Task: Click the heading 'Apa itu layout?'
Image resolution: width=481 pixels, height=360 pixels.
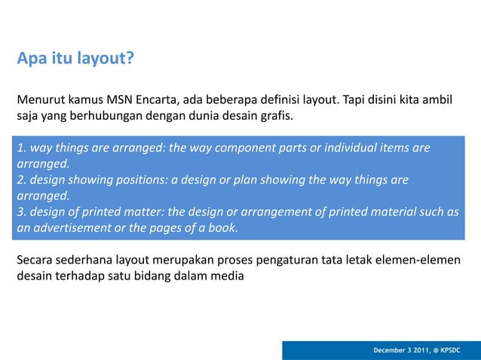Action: click(x=75, y=58)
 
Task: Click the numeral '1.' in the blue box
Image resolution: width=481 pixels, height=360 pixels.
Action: click(x=22, y=148)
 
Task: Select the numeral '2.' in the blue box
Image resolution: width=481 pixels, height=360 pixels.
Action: click(x=22, y=181)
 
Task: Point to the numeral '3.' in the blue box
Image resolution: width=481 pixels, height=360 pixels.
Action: click(x=22, y=212)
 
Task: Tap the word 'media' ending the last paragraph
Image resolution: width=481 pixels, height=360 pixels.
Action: click(x=228, y=276)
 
